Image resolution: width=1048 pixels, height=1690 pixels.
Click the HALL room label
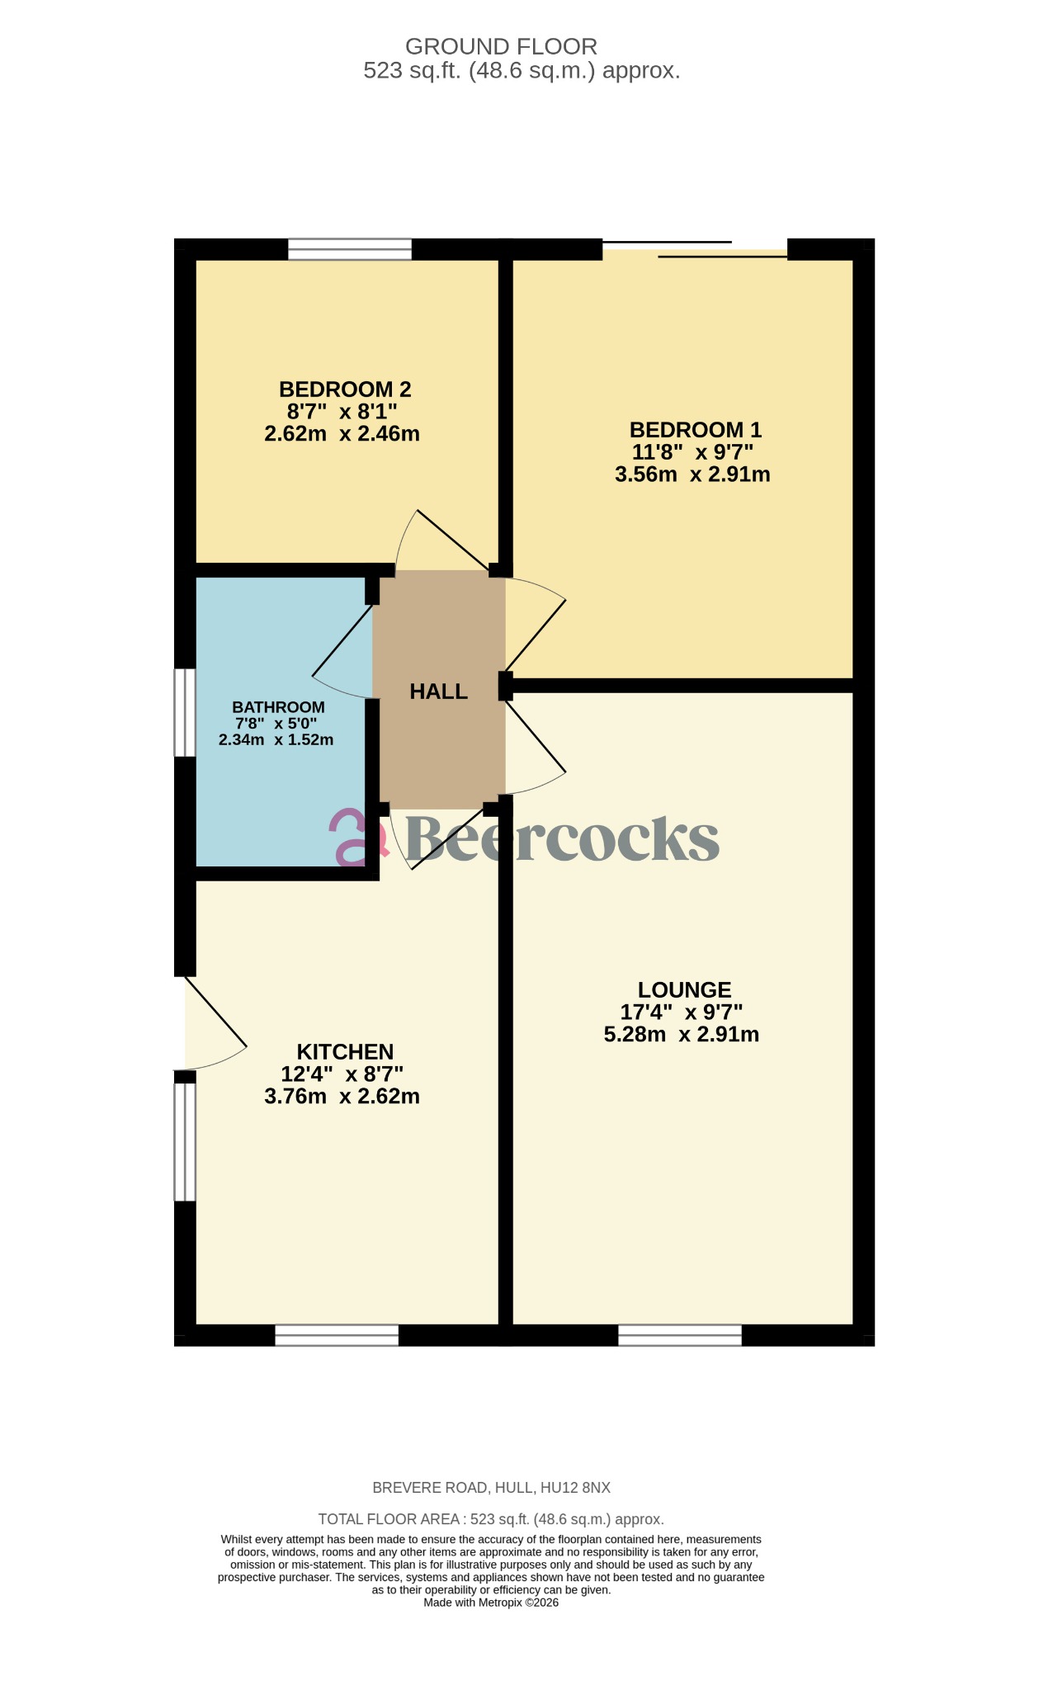click(x=438, y=692)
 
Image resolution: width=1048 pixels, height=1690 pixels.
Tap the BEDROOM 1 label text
click(x=695, y=430)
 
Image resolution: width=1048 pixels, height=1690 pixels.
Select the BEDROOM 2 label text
click(x=345, y=389)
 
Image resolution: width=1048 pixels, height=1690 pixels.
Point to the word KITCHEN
click(x=345, y=1052)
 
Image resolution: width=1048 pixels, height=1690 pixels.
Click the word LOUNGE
click(x=684, y=990)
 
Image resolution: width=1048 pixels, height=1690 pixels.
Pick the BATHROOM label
click(x=278, y=707)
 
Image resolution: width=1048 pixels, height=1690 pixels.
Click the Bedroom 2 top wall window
click(x=350, y=249)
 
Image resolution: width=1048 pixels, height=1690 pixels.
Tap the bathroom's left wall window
click(x=185, y=712)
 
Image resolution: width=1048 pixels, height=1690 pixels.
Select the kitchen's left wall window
click(x=185, y=1141)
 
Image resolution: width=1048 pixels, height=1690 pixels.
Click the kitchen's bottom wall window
click(x=337, y=1335)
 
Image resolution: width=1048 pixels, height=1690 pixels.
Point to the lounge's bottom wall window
click(x=680, y=1335)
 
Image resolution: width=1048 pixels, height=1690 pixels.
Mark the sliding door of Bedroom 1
click(x=695, y=249)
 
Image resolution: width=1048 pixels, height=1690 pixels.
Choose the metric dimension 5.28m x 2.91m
click(x=682, y=1035)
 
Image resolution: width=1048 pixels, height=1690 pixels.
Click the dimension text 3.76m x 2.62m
click(x=342, y=1097)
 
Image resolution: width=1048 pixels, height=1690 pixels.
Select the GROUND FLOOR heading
click(x=501, y=46)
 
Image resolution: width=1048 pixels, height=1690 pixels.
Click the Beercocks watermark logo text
click(x=561, y=838)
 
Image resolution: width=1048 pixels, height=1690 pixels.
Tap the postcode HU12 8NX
click(x=575, y=1488)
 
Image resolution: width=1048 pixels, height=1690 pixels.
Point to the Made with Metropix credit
click(x=491, y=1603)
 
